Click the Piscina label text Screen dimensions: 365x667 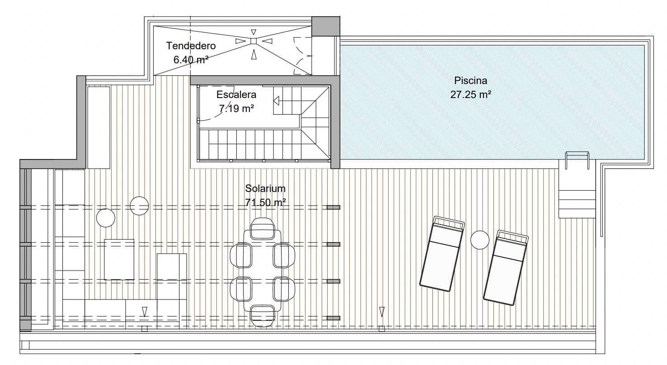click(x=470, y=81)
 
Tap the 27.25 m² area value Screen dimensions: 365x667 click(x=470, y=95)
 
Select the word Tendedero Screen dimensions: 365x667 click(x=191, y=46)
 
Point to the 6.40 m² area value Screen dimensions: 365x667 click(x=191, y=59)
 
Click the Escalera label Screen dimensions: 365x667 click(x=236, y=95)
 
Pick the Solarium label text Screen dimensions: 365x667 click(x=265, y=188)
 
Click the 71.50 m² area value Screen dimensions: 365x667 click(x=265, y=202)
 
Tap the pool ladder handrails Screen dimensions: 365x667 click(x=577, y=160)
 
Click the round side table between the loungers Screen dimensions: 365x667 click(x=479, y=239)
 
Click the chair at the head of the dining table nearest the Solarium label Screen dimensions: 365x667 click(x=263, y=229)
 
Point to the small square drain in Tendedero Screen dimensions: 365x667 click(x=253, y=41)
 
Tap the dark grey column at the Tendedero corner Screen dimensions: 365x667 click(x=325, y=27)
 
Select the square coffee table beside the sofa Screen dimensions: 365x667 click(x=119, y=259)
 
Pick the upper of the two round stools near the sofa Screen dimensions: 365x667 click(x=139, y=206)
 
